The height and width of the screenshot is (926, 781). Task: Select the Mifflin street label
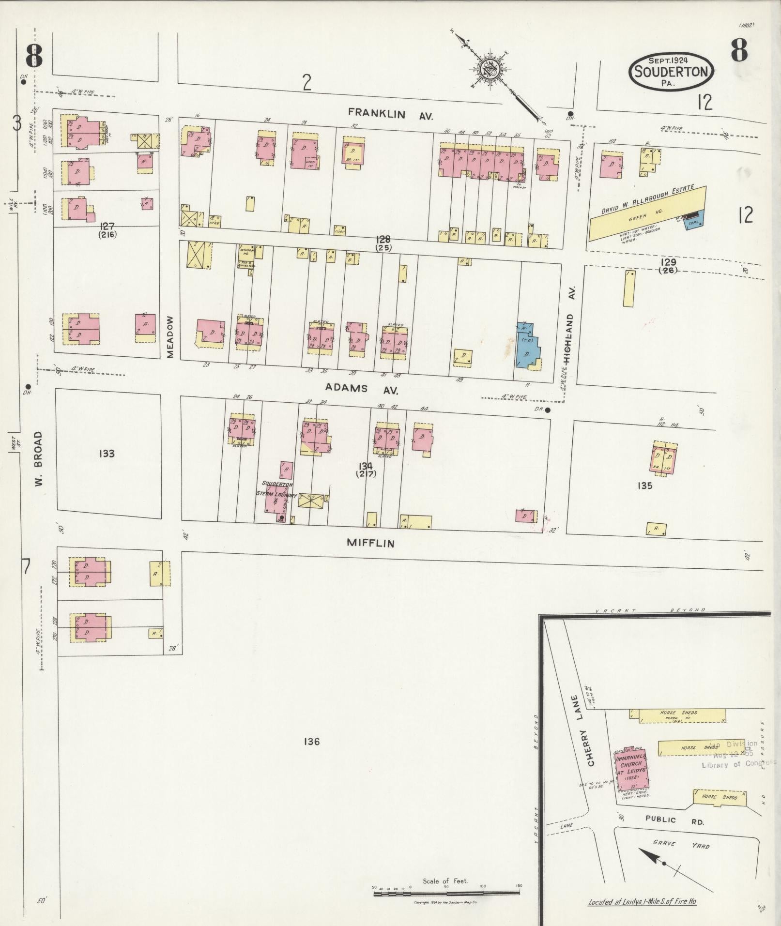pyautogui.click(x=370, y=543)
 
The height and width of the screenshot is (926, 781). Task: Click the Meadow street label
pyautogui.click(x=170, y=337)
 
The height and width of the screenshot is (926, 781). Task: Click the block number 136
pyautogui.click(x=312, y=741)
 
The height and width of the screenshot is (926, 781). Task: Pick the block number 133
pyautogui.click(x=106, y=454)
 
